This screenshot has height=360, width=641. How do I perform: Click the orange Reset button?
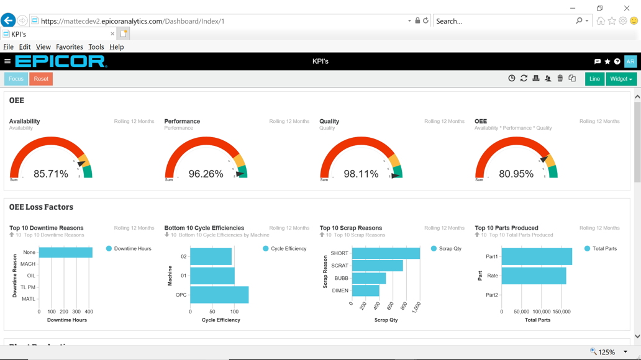41,79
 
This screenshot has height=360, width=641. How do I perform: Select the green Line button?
594,79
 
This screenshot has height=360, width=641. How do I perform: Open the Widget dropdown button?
621,79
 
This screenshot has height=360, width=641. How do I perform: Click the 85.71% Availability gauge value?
51,174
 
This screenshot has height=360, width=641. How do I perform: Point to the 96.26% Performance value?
206,174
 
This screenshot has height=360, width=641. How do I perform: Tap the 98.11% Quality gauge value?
361,174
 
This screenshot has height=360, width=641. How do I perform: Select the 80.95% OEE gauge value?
516,174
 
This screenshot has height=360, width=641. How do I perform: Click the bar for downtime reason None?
65,252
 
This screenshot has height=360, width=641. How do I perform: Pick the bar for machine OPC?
219,295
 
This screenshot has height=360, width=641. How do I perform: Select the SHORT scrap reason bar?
386,253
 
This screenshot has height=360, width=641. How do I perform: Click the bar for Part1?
537,256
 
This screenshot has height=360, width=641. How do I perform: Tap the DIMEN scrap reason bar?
365,290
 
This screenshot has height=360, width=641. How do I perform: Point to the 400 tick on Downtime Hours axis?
89,312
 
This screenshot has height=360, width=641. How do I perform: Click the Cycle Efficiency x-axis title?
220,320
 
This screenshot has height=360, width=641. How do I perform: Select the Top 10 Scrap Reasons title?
350,228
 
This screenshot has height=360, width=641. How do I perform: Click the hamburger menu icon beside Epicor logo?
7,61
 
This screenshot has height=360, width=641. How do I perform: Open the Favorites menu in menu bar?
69,47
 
